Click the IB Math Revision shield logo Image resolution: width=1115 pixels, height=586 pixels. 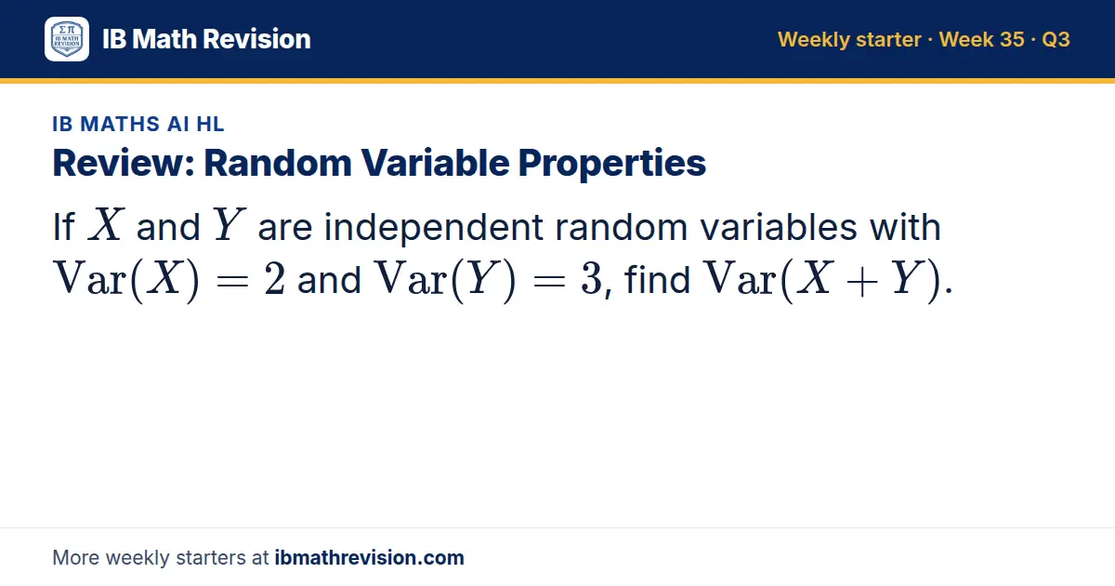67,39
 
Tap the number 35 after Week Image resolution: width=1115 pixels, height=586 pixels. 1012,39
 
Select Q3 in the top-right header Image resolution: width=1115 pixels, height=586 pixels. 1056,39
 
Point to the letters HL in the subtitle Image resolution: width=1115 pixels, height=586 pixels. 211,124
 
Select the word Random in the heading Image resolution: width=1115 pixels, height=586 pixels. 278,163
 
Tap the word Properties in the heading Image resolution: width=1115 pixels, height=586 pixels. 611,164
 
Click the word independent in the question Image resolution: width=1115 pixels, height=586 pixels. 433,228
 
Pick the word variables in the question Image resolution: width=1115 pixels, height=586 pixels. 779,227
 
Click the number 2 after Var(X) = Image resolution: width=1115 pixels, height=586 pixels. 274,279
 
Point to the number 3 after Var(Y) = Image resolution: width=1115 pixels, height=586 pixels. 591,279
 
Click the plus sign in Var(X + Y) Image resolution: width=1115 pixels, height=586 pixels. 861,282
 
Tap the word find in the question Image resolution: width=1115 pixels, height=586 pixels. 658,278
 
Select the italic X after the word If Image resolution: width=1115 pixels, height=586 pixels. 106,225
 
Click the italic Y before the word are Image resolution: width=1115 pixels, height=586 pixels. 229,225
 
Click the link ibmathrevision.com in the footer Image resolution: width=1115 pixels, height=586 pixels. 370,557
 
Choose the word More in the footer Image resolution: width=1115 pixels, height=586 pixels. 75,557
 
